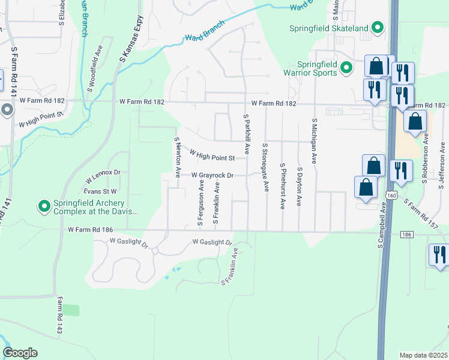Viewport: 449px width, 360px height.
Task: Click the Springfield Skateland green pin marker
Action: tap(378, 28)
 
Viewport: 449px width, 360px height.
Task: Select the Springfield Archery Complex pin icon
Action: tap(44, 207)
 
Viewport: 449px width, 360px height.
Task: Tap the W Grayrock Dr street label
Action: tap(212, 175)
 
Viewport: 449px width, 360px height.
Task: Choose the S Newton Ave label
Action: tap(178, 158)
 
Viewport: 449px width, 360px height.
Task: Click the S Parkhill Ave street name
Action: tap(247, 133)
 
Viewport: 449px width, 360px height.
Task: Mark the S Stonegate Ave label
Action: tap(265, 167)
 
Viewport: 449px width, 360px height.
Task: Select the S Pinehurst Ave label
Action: tap(283, 185)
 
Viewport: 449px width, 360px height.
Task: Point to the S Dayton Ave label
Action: tap(299, 187)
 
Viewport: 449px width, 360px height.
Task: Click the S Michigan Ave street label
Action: tap(313, 140)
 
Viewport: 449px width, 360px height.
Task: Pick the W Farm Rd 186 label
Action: tap(91, 229)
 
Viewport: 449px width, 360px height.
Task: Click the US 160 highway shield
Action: tap(391, 195)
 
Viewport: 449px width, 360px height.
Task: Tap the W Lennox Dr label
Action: tap(103, 176)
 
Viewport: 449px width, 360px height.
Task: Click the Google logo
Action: tap(20, 353)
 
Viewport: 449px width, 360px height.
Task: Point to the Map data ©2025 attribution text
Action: tap(423, 355)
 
